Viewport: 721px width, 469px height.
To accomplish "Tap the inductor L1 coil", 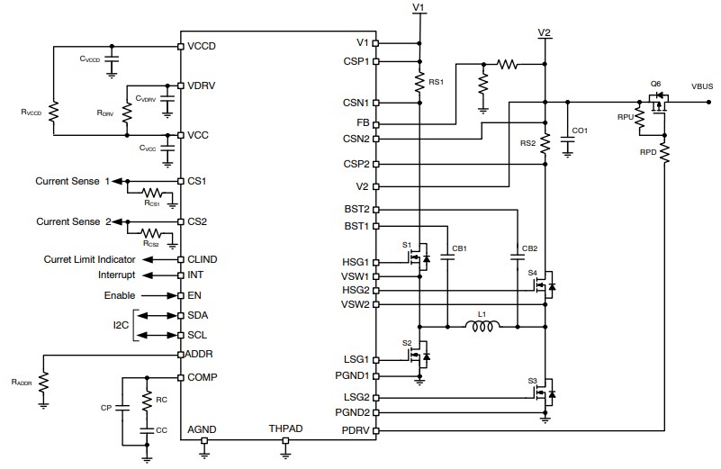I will (482, 326).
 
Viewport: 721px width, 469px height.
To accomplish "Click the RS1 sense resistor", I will (419, 83).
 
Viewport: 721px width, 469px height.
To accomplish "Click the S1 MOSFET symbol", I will (419, 257).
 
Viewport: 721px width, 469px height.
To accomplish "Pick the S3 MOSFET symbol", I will (545, 393).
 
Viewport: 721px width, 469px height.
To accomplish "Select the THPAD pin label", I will (285, 429).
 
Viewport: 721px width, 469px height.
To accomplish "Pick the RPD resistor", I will (665, 153).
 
